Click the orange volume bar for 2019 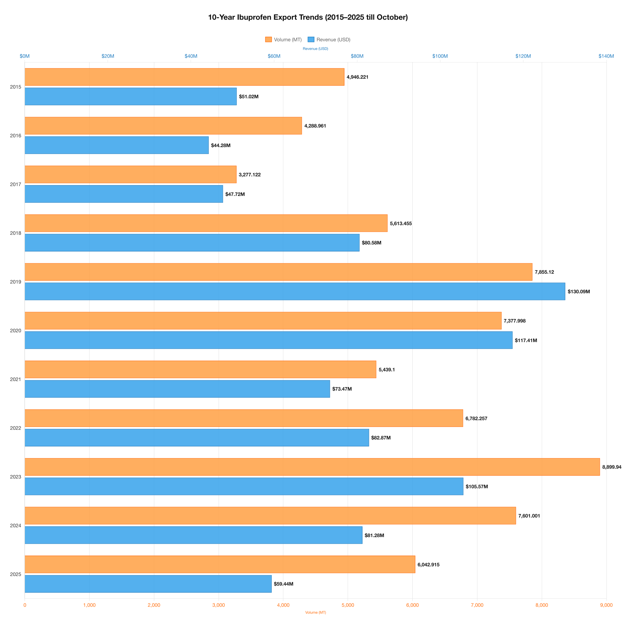[x=278, y=272]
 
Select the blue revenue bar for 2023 [x=244, y=486]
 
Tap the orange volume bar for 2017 [x=130, y=174]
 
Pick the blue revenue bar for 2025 [x=148, y=584]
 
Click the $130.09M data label [x=578, y=292]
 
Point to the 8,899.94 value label [x=611, y=467]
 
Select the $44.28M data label [x=220, y=145]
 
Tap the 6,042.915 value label [x=428, y=564]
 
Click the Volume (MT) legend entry [x=283, y=39]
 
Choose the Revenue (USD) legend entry [x=329, y=39]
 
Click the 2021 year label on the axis [x=16, y=379]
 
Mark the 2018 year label [x=16, y=233]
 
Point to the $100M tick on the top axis [x=440, y=56]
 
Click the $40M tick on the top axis [x=191, y=56]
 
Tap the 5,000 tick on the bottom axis [x=348, y=605]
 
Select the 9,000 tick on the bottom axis [x=606, y=605]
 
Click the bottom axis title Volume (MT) [x=315, y=612]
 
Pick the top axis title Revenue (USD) [x=315, y=49]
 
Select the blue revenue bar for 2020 [x=268, y=340]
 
